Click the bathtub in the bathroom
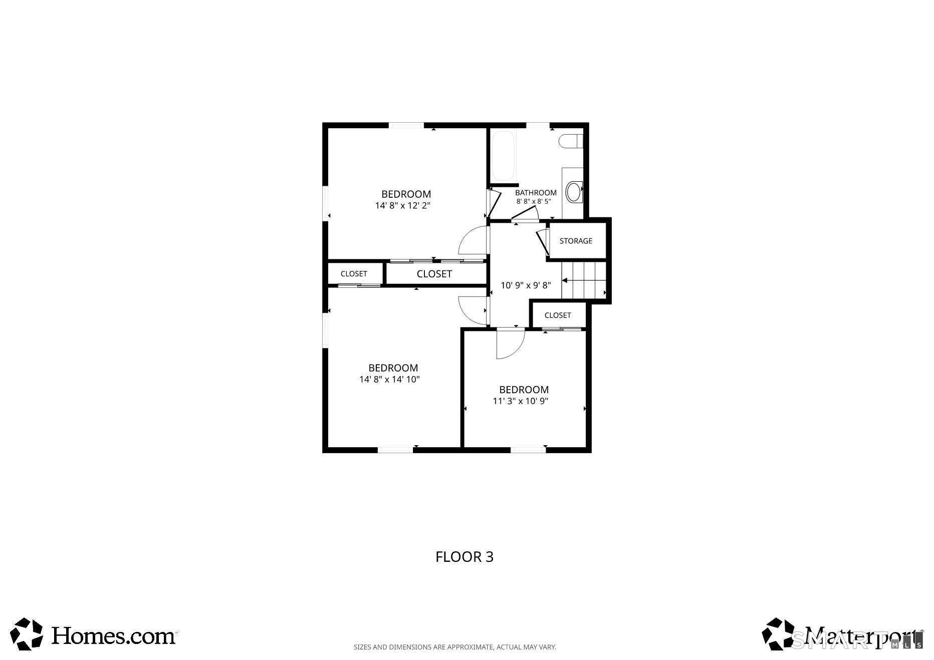pyautogui.click(x=503, y=156)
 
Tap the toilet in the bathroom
pyautogui.click(x=571, y=141)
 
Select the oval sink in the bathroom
pyautogui.click(x=574, y=192)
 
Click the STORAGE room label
pyautogui.click(x=576, y=241)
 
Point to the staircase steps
pyautogui.click(x=584, y=280)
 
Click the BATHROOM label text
pyautogui.click(x=536, y=193)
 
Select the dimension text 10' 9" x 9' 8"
pyautogui.click(x=526, y=285)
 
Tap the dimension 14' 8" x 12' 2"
pyautogui.click(x=403, y=205)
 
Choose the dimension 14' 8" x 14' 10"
pyautogui.click(x=389, y=380)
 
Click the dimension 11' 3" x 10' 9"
pyautogui.click(x=521, y=401)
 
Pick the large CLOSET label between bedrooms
pyautogui.click(x=434, y=274)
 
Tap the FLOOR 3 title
pyautogui.click(x=464, y=557)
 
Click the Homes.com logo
pyautogui.click(x=94, y=634)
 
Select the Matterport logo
pyautogui.click(x=842, y=634)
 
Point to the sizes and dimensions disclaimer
pyautogui.click(x=455, y=647)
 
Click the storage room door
pyautogui.click(x=542, y=242)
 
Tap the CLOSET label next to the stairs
pyautogui.click(x=558, y=315)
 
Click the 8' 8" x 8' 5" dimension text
pyautogui.click(x=534, y=202)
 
